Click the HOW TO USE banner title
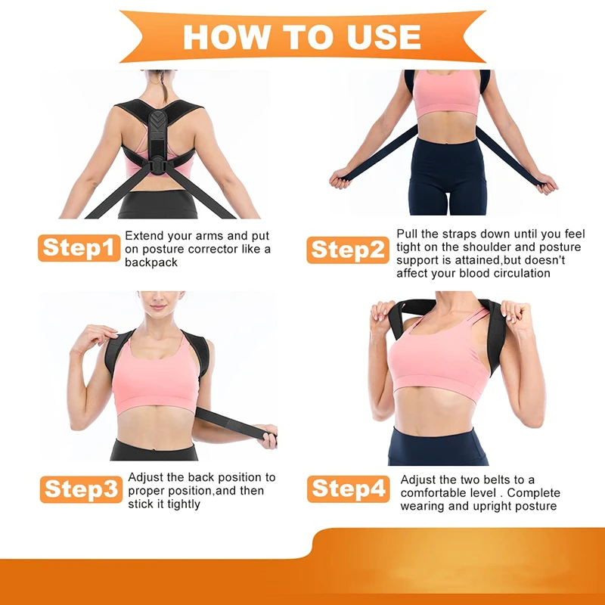[302, 36]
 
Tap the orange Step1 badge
[79, 247]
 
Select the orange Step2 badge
[348, 250]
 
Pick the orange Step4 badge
[348, 489]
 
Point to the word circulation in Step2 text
[514, 273]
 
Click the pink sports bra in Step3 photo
[156, 374]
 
